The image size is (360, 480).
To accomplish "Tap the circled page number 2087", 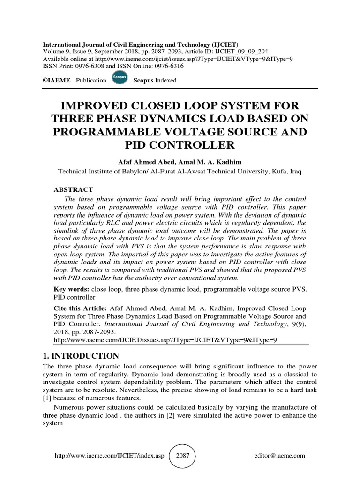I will coord(182,455).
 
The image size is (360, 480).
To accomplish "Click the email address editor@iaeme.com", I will coord(280,456).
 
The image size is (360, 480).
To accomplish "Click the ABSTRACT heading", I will coord(73,190).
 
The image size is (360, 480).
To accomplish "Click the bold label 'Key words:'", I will coord(72,289).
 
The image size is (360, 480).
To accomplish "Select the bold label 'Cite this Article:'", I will coord(81,309).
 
